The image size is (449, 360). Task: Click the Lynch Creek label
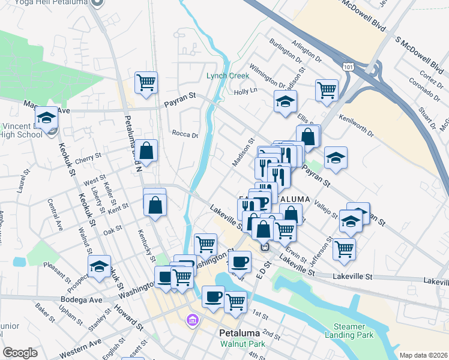(227, 76)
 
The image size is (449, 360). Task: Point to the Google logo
(20, 353)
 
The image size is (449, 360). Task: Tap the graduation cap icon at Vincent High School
(46, 119)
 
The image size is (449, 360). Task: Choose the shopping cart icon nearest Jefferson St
(344, 248)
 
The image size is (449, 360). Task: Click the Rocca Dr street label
(184, 134)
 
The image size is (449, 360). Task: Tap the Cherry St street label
(88, 158)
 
